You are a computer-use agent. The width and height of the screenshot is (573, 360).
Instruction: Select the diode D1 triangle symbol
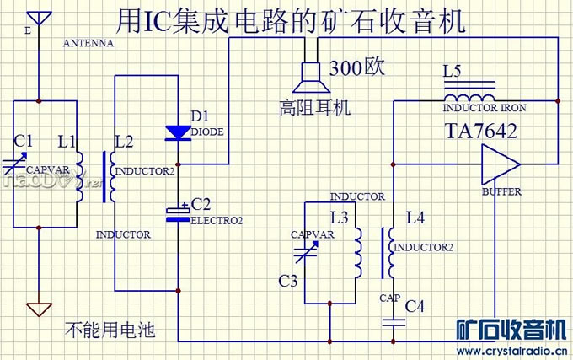(179, 132)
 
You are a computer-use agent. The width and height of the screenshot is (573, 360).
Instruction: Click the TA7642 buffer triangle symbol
(497, 164)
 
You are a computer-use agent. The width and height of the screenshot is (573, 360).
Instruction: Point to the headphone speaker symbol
(308, 78)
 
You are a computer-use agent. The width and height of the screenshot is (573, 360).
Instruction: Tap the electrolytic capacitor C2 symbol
(178, 213)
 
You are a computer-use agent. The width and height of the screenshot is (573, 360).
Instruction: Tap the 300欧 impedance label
(357, 68)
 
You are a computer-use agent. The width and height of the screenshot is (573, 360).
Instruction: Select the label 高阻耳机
(314, 108)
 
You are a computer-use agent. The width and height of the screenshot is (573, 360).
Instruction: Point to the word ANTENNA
(88, 42)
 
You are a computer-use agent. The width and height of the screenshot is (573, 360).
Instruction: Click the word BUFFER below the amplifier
(501, 191)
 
